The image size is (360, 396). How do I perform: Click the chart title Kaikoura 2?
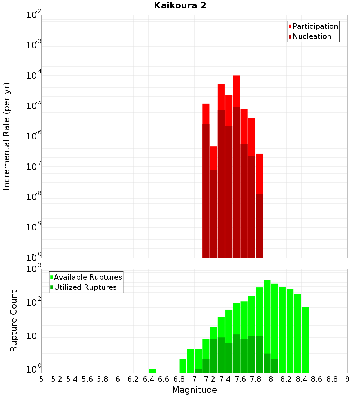pos(180,5)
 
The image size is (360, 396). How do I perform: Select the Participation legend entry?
pos(315,26)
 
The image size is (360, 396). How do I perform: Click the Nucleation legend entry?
pos(312,36)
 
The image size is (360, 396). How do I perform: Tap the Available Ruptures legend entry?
pos(87,277)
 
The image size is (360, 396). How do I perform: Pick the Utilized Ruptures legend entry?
pos(85,287)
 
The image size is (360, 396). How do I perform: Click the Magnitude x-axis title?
pos(194,390)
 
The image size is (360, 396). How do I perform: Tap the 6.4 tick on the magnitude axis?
pos(148,379)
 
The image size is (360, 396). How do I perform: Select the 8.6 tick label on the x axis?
pos(316,379)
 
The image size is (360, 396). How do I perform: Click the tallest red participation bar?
pos(237,90)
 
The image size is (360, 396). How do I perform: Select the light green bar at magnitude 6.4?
pos(152,371)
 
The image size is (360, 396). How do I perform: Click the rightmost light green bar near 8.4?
pos(305,338)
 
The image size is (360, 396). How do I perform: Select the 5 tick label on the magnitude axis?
pos(41,379)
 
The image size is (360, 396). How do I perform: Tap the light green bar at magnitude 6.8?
pos(183,366)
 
